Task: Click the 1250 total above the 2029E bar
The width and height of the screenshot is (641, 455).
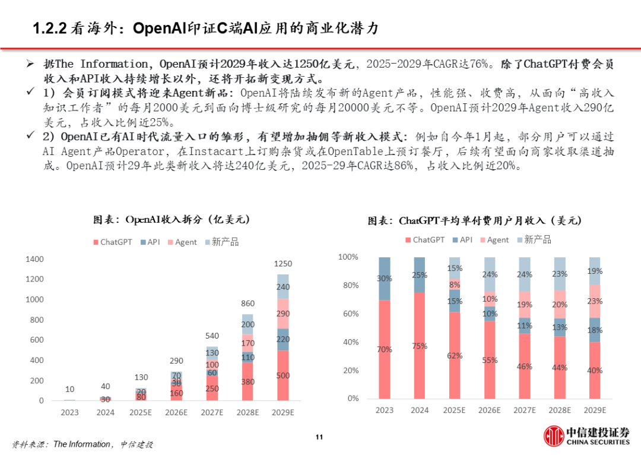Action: click(283, 264)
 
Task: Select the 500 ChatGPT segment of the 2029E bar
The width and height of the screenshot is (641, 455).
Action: click(283, 375)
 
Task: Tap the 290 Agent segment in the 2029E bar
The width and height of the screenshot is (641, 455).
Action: click(283, 314)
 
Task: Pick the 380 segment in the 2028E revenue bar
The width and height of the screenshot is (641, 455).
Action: click(248, 382)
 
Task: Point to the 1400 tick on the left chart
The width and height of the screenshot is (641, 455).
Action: click(34, 259)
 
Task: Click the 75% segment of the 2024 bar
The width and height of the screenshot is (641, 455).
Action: click(419, 346)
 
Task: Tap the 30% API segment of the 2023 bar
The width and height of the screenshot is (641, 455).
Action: click(385, 279)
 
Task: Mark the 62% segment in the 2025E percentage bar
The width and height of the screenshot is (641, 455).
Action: click(454, 356)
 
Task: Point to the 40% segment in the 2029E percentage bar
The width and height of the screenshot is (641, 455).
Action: click(594, 370)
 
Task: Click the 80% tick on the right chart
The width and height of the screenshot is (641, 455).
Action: click(348, 285)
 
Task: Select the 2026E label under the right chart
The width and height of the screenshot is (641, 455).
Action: click(489, 410)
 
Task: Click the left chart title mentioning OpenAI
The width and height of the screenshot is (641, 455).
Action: click(172, 219)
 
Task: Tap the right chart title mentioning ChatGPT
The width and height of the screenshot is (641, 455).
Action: click(475, 221)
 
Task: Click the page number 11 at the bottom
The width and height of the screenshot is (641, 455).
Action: click(319, 438)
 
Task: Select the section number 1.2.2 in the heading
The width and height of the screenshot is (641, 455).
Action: click(49, 28)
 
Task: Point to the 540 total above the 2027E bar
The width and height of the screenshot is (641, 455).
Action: click(213, 336)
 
